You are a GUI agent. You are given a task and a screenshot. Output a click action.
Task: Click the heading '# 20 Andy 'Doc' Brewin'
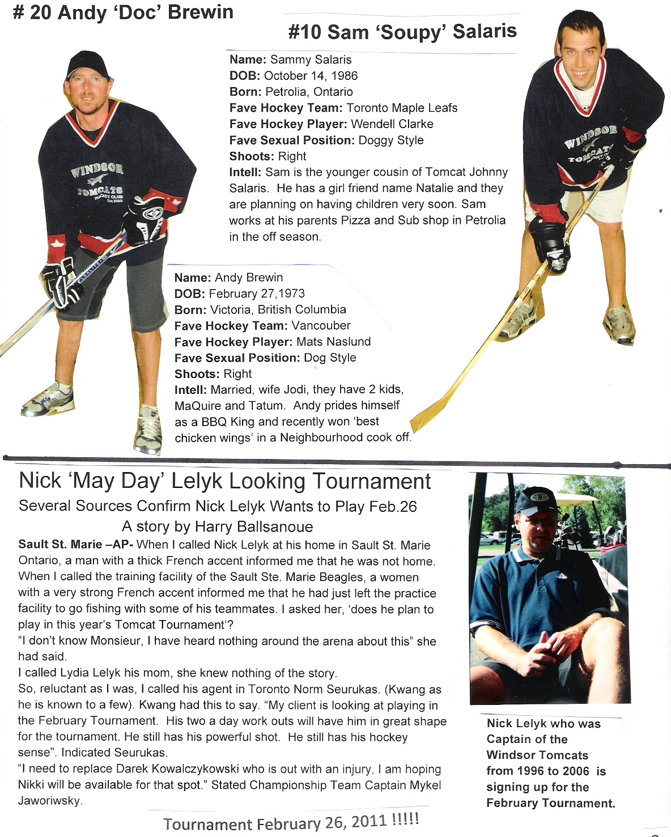[123, 12]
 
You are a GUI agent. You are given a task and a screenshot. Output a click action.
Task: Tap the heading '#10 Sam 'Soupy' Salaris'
[402, 32]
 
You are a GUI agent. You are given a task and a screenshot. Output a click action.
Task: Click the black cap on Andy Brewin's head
[87, 65]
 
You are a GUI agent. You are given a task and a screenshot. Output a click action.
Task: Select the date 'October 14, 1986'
[311, 76]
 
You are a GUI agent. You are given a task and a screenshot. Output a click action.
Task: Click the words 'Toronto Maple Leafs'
[402, 108]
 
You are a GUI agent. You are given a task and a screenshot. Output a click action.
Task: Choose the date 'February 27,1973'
[257, 294]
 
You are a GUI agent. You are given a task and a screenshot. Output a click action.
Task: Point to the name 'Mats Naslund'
[334, 342]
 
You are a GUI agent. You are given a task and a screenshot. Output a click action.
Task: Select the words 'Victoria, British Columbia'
[278, 310]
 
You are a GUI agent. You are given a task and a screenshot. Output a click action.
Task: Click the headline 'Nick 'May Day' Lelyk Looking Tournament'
[225, 481]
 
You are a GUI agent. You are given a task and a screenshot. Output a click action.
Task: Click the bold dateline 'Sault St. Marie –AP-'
[76, 545]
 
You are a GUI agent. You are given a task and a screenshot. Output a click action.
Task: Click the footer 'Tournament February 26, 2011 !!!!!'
[291, 822]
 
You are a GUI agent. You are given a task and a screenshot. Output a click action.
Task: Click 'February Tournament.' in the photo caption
[550, 803]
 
